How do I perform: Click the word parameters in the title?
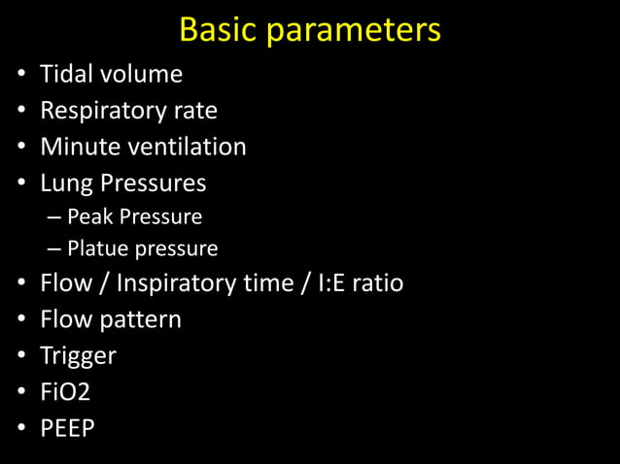354,31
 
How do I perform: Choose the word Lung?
64,183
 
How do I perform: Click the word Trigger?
78,356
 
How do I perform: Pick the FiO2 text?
64,391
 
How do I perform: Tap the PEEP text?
67,427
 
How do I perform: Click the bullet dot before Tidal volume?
20,75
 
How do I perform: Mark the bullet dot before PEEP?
20,428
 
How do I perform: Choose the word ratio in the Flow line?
377,283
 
